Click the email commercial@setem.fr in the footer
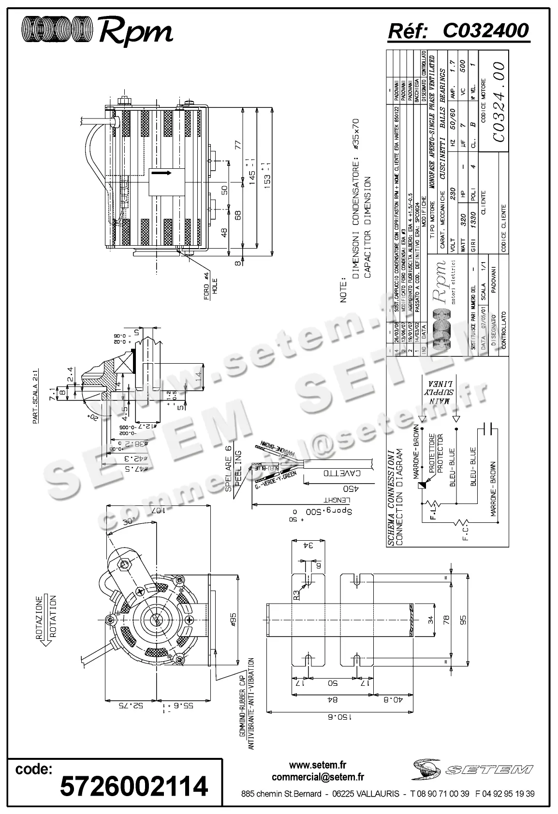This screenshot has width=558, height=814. [x=318, y=777]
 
